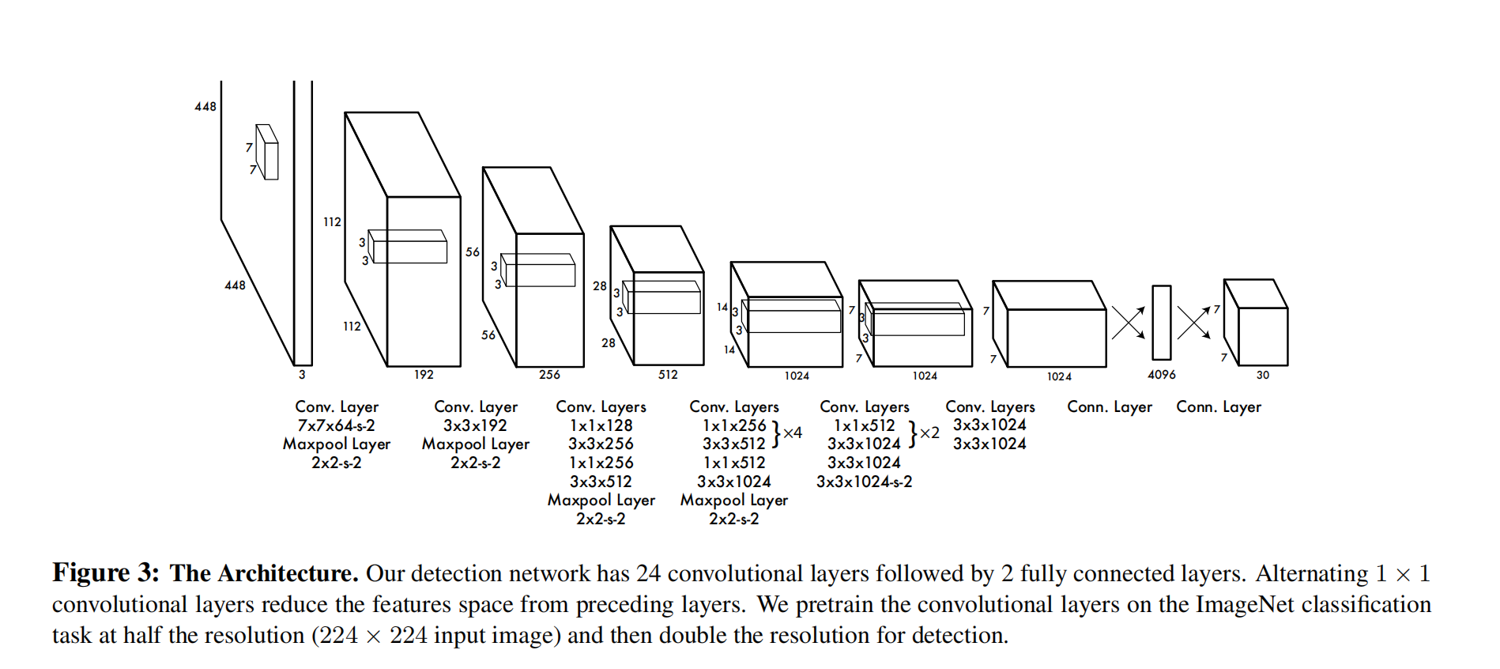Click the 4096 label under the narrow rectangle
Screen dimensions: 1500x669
pyautogui.click(x=1161, y=375)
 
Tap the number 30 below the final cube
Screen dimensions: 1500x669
pyautogui.click(x=1263, y=375)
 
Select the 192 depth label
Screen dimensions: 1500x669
pyautogui.click(x=424, y=375)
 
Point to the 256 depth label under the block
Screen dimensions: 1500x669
pyautogui.click(x=549, y=375)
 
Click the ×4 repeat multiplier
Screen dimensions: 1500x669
pyautogui.click(x=793, y=433)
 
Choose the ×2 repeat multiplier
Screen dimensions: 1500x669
pyautogui.click(x=930, y=433)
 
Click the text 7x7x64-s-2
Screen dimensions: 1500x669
pyautogui.click(x=337, y=425)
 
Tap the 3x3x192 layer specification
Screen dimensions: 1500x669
pyautogui.click(x=475, y=425)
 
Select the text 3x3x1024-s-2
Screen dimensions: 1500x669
pyautogui.click(x=864, y=482)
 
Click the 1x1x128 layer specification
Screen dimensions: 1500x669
pyautogui.click(x=601, y=425)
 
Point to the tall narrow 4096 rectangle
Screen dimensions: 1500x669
pyautogui.click(x=1161, y=323)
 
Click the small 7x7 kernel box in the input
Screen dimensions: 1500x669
pyautogui.click(x=267, y=152)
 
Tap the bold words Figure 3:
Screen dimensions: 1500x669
pyautogui.click(x=106, y=573)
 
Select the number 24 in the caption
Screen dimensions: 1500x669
pyautogui.click(x=648, y=573)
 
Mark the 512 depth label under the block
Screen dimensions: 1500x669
pyautogui.click(x=668, y=375)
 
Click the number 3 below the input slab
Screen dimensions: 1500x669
pyautogui.click(x=302, y=375)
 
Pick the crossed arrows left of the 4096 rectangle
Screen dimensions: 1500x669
pyautogui.click(x=1129, y=323)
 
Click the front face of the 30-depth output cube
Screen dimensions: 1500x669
pyautogui.click(x=1263, y=337)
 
